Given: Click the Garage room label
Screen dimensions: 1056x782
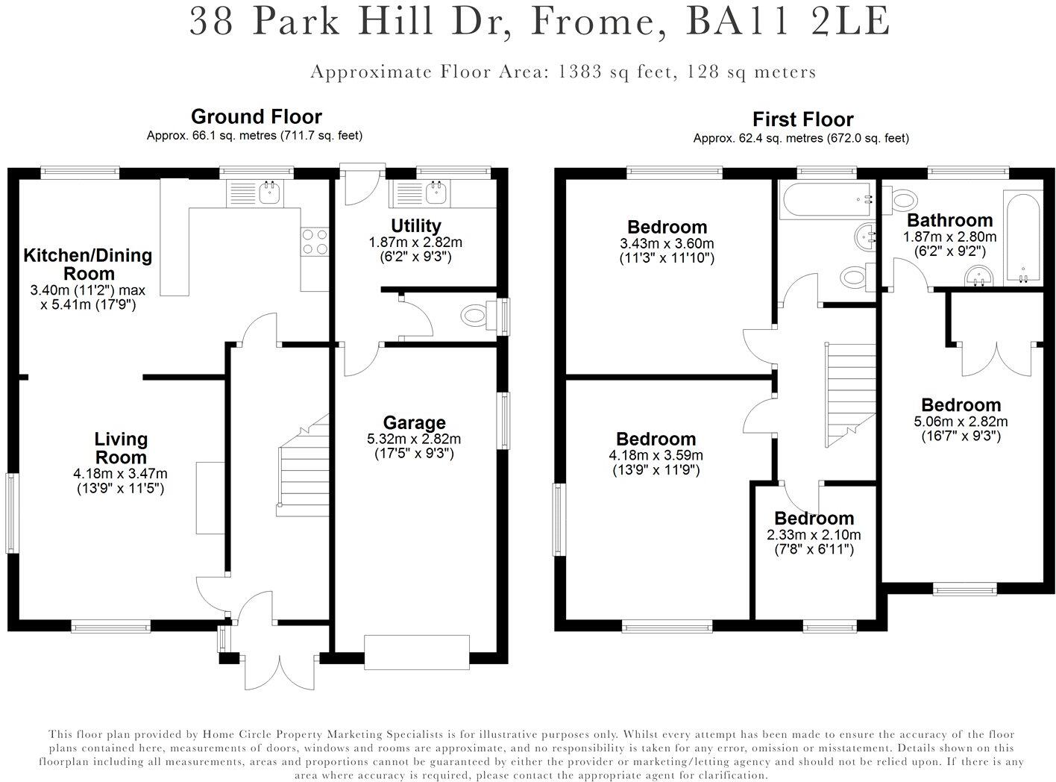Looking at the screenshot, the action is point(414,422).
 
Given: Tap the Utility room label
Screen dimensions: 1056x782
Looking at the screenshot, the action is point(415,225).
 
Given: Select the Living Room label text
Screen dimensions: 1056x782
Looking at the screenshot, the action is point(121,448).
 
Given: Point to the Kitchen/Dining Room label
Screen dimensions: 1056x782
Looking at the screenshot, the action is point(88,264).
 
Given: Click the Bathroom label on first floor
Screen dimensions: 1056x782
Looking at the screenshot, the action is point(950,220).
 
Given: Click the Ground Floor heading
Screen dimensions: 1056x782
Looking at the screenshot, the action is point(256,116).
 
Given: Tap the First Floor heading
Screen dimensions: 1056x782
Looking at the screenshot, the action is point(802,119).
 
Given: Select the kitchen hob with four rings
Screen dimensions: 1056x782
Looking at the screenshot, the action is point(315,242).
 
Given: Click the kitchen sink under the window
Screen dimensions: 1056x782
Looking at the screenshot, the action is point(255,193).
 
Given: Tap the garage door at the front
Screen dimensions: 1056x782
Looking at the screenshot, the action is point(417,652).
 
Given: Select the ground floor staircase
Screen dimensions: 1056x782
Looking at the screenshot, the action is point(303,466).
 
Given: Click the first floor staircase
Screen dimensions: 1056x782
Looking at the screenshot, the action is point(850,395).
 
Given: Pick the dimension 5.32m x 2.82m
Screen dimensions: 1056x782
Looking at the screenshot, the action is point(414,439).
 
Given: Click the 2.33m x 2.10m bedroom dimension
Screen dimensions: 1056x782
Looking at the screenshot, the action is point(814,535).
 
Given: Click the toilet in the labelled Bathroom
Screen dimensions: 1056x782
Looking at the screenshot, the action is point(899,198).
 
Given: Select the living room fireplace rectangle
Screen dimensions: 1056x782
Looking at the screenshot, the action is point(210,498).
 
